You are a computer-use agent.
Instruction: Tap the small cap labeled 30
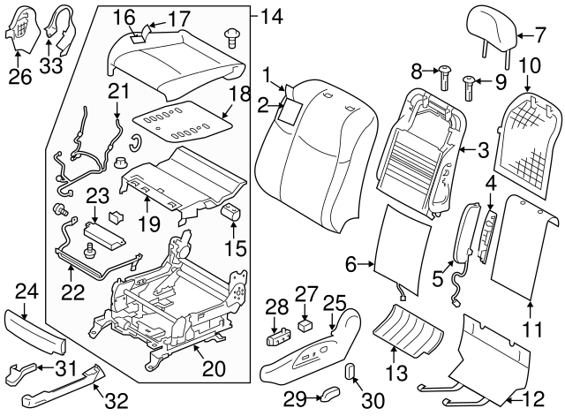click(350, 369)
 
